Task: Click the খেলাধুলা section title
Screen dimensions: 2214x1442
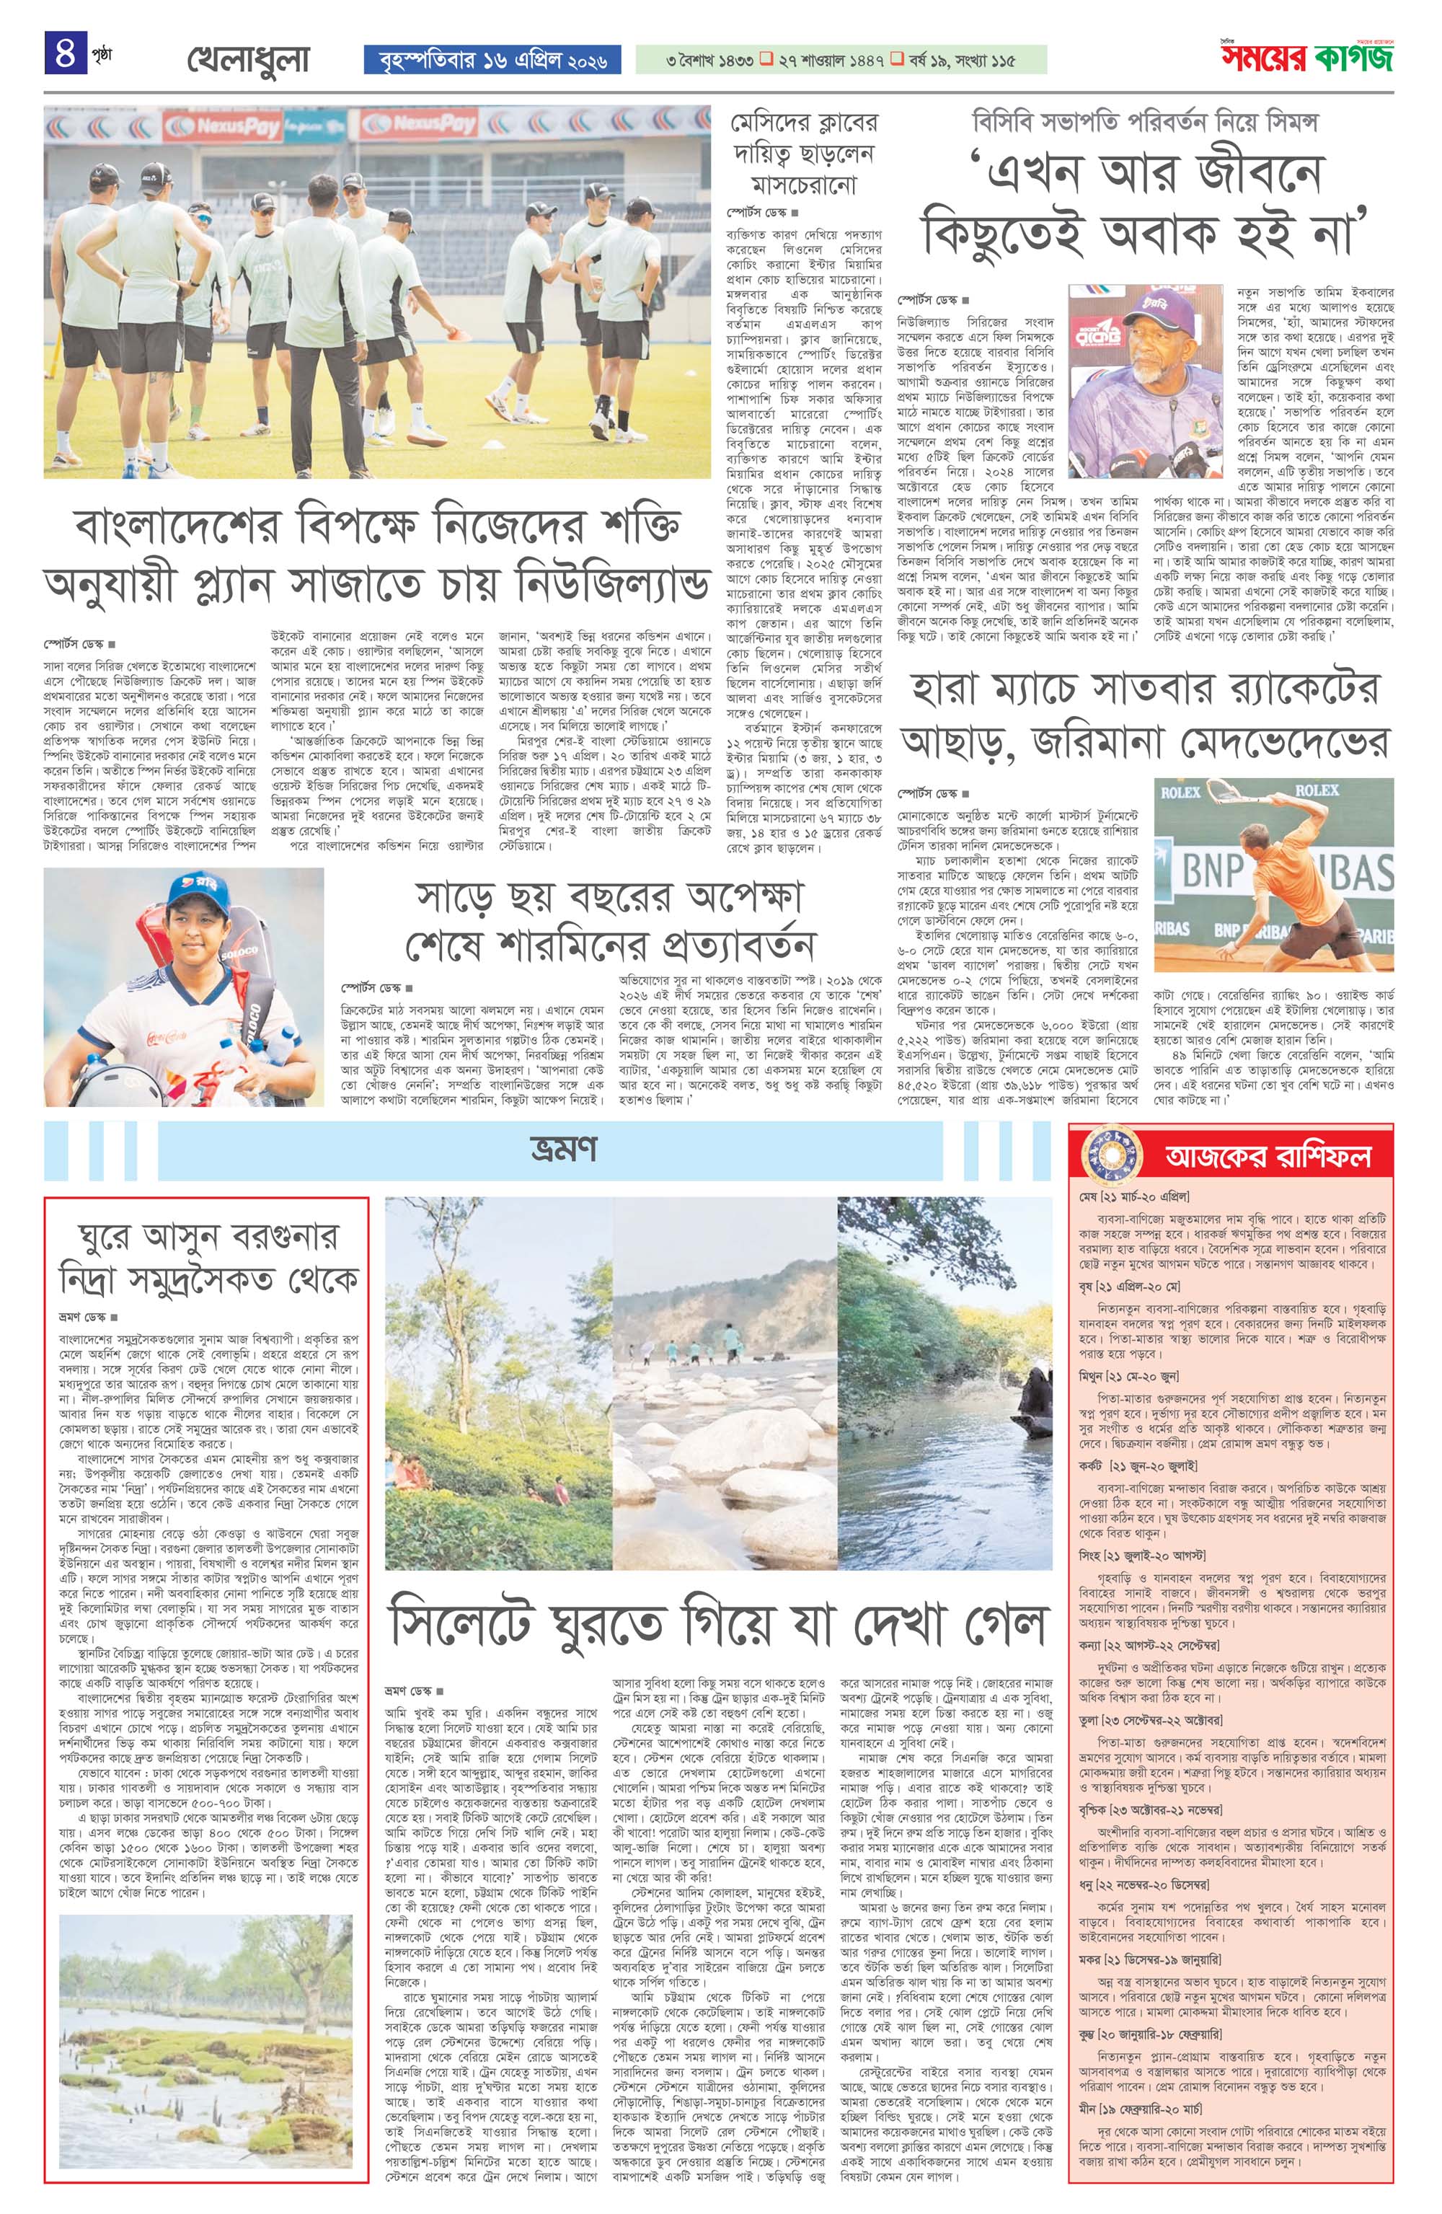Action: tap(247, 61)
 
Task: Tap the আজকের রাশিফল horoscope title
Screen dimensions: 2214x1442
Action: tap(1268, 1156)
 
